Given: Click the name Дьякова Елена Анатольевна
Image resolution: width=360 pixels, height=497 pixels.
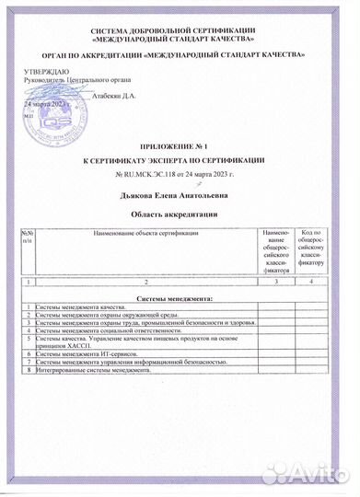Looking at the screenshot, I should pos(177,195).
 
